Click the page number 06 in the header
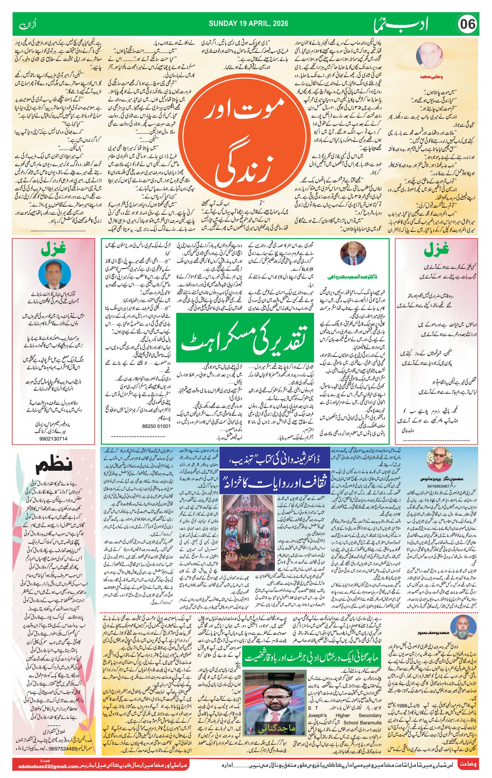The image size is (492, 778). [467, 24]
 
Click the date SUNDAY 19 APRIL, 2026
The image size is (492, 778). [248, 24]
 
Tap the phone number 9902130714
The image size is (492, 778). [54, 439]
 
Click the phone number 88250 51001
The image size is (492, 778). [156, 426]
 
